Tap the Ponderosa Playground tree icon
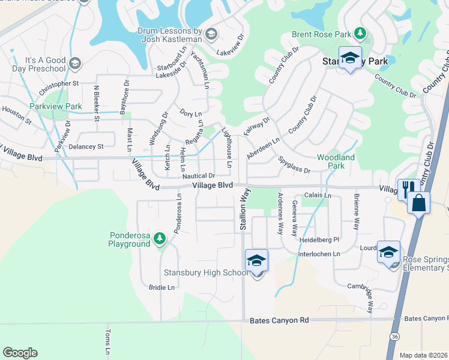pyautogui.click(x=159, y=239)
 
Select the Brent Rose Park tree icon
pyautogui.click(x=360, y=33)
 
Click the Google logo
pyautogui.click(x=20, y=353)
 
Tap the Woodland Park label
pyautogui.click(x=336, y=161)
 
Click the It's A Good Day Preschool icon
pyautogui.click(x=75, y=63)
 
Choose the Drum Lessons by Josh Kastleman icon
pyautogui.click(x=210, y=34)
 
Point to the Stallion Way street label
pyautogui.click(x=244, y=209)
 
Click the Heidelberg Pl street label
pyautogui.click(x=319, y=239)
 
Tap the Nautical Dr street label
pyautogui.click(x=199, y=176)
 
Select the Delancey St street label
pyautogui.click(x=86, y=146)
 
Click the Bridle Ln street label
pyautogui.click(x=161, y=287)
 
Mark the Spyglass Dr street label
pyautogui.click(x=294, y=166)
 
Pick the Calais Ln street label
pyautogui.click(x=318, y=196)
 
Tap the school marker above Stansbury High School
pyautogui.click(x=256, y=260)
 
